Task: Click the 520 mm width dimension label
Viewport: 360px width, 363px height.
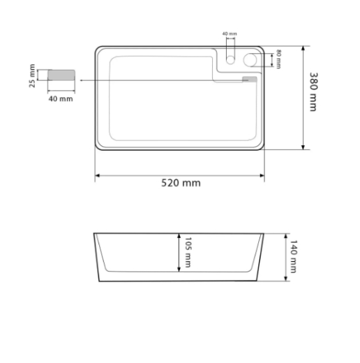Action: (181, 183)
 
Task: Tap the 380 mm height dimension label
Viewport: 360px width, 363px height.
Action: (313, 92)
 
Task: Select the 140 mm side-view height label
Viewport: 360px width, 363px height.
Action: (293, 257)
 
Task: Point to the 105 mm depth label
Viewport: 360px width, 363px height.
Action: (188, 253)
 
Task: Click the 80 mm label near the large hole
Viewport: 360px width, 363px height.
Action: (278, 59)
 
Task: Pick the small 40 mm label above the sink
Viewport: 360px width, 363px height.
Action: (230, 34)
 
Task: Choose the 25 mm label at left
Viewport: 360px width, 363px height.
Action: (32, 76)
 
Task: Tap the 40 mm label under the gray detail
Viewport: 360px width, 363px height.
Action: (61, 98)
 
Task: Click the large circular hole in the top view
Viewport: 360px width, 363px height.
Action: (250, 59)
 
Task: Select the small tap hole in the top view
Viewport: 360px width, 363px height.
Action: (230, 60)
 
